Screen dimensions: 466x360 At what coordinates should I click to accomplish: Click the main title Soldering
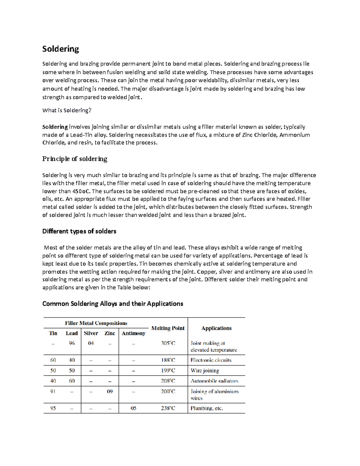pyautogui.click(x=60, y=49)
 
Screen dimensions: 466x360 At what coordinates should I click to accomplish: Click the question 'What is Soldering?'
pyautogui.click(x=67, y=110)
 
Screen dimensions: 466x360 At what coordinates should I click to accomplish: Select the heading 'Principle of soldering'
pyautogui.click(x=74, y=159)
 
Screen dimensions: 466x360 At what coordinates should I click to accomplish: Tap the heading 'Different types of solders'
pyautogui.click(x=79, y=231)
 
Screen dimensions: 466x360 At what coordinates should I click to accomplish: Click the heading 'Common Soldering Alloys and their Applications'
pyautogui.click(x=112, y=304)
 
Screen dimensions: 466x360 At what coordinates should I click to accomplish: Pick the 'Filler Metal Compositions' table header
pyautogui.click(x=96, y=323)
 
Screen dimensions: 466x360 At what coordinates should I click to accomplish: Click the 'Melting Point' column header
pyautogui.click(x=168, y=328)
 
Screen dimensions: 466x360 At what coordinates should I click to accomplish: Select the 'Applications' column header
pyautogui.click(x=216, y=328)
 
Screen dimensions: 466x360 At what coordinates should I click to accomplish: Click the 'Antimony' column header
pyautogui.click(x=133, y=333)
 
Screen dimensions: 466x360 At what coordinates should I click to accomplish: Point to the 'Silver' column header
pyautogui.click(x=91, y=333)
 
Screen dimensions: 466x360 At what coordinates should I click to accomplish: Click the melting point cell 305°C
pyautogui.click(x=168, y=343)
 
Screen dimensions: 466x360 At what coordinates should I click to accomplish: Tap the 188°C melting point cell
pyautogui.click(x=168, y=360)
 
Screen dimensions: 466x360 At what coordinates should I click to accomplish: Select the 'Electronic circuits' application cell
pyautogui.click(x=211, y=360)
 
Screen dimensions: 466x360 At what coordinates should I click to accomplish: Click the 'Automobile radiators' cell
pyautogui.click(x=214, y=381)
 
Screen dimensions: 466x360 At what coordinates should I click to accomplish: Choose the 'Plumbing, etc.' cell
pyautogui.click(x=207, y=408)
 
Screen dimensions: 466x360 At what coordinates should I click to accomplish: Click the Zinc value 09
pyautogui.click(x=110, y=391)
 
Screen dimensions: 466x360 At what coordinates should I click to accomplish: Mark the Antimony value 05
pyautogui.click(x=133, y=408)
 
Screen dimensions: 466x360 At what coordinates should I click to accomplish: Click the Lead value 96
pyautogui.click(x=72, y=343)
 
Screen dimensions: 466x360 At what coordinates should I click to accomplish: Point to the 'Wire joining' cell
pyautogui.click(x=205, y=371)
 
